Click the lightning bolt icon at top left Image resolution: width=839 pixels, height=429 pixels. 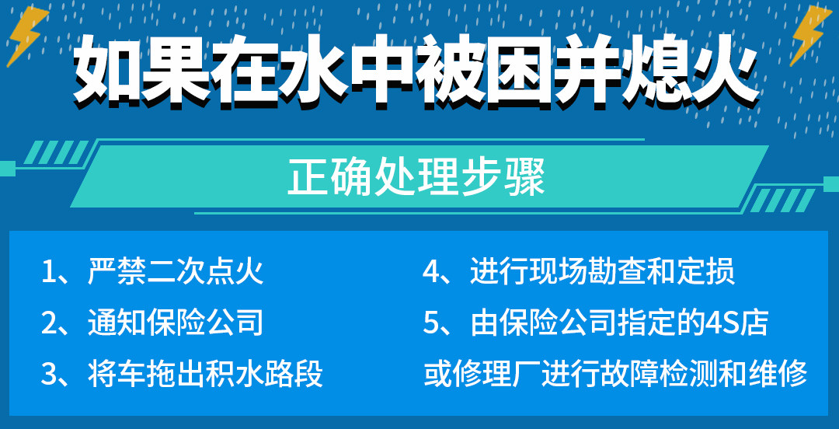26,35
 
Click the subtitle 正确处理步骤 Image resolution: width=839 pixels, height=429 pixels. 416,177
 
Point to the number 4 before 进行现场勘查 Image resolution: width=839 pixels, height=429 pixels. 432,273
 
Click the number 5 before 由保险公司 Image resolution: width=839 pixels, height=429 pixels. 431,323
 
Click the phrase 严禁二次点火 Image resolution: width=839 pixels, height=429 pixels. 176,272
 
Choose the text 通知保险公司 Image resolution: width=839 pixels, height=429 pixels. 176,323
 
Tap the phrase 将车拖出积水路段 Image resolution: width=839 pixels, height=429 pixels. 205,374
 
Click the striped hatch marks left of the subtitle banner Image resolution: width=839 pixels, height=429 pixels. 56,152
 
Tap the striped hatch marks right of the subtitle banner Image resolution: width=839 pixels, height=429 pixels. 782,201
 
